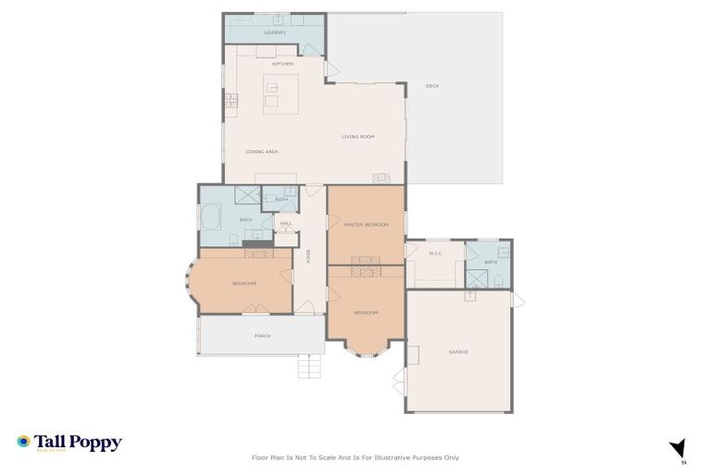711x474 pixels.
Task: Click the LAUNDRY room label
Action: click(x=275, y=32)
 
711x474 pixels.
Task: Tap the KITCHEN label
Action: click(x=282, y=64)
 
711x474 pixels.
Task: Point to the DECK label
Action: click(x=431, y=86)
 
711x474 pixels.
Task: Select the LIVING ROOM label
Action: click(x=357, y=137)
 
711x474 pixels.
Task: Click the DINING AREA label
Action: click(x=262, y=151)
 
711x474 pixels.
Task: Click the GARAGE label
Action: click(x=459, y=352)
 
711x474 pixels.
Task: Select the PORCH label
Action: click(x=263, y=336)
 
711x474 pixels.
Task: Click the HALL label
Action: click(x=286, y=223)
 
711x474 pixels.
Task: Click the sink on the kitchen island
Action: click(x=272, y=86)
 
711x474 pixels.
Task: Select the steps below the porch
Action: click(x=310, y=367)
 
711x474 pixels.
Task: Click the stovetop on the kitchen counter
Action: click(x=229, y=101)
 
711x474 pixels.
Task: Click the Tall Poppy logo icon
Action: click(x=23, y=443)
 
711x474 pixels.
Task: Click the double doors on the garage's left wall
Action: click(x=401, y=380)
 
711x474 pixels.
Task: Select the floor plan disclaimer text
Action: click(x=355, y=457)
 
